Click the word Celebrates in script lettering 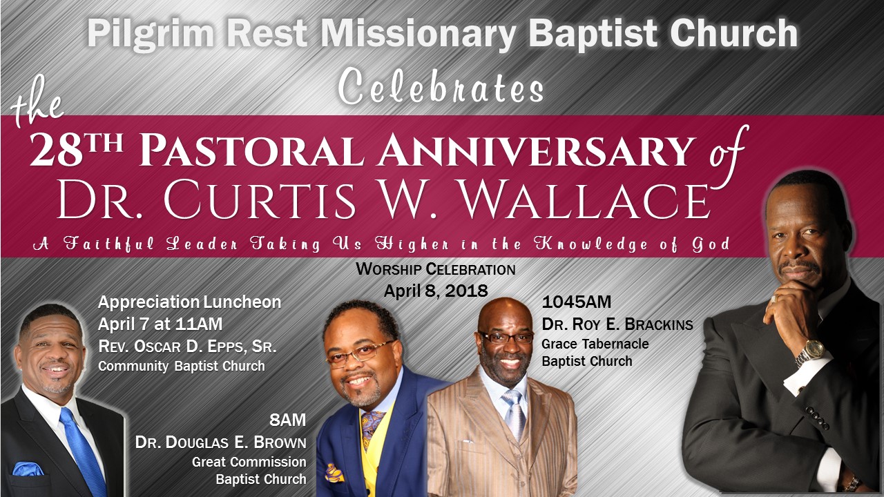pyautogui.click(x=441, y=87)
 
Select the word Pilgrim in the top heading pyautogui.click(x=151, y=33)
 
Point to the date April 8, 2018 pyautogui.click(x=436, y=291)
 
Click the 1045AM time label pyautogui.click(x=577, y=302)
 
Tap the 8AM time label pyautogui.click(x=288, y=420)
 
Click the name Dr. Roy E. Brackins pyautogui.click(x=617, y=324)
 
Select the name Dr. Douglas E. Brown pyautogui.click(x=220, y=442)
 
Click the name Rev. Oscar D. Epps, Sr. pyautogui.click(x=187, y=347)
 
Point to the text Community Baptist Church pyautogui.click(x=182, y=366)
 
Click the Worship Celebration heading pyautogui.click(x=436, y=269)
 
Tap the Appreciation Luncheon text pyautogui.click(x=189, y=302)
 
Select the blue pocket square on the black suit pyautogui.click(x=28, y=469)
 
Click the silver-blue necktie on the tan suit pyautogui.click(x=514, y=410)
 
